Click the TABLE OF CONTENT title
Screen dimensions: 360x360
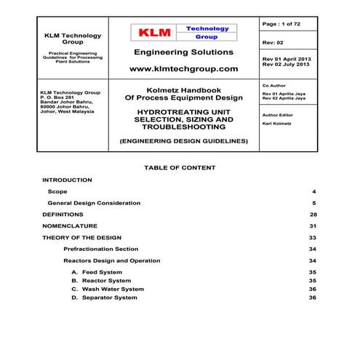tap(180, 167)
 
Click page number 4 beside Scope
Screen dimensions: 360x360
tap(313, 191)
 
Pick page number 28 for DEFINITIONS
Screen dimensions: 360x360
tap(312, 215)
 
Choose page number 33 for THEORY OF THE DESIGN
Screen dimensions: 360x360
tap(312, 237)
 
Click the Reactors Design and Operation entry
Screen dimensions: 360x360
tap(112, 260)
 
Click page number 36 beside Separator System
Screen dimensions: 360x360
tap(312, 297)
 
